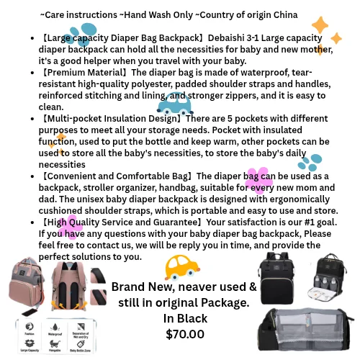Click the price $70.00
(x=185, y=334)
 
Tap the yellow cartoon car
(x=181, y=268)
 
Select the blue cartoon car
(x=174, y=104)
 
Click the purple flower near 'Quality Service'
(x=70, y=227)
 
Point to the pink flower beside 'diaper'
(x=258, y=180)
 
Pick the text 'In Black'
(x=185, y=318)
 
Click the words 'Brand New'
(x=140, y=287)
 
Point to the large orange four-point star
(x=320, y=26)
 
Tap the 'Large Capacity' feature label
(x=29, y=351)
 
